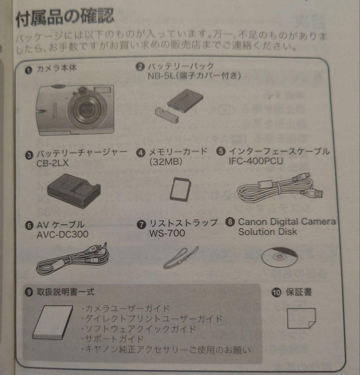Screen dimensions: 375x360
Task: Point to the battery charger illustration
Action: coord(74,191)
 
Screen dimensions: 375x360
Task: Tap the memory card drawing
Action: coord(181,189)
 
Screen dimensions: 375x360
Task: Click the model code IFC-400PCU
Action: coord(256,161)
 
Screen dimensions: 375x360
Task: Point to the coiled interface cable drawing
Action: coord(278,189)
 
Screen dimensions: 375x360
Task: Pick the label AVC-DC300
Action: coord(62,235)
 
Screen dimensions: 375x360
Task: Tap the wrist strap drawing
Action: coord(181,258)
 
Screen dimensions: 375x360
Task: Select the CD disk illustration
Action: coord(279,257)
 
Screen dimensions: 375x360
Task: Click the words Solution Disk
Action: coord(267,232)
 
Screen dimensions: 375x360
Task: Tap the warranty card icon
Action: coord(301,318)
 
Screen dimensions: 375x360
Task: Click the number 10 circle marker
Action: coord(276,293)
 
